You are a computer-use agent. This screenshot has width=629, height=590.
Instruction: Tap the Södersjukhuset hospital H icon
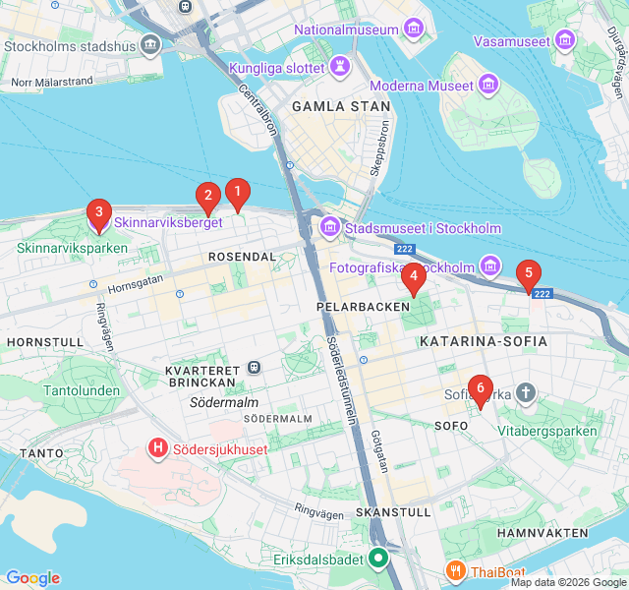pos(156,448)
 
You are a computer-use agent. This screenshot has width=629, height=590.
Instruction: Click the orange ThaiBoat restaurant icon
pos(455,570)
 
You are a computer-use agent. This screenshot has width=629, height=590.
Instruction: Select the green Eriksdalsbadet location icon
pos(378,560)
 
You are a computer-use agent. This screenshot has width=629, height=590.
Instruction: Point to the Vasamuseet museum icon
pos(564,40)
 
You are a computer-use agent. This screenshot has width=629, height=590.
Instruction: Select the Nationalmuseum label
pos(346,29)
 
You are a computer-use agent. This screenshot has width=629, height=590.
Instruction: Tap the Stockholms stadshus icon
pos(150,44)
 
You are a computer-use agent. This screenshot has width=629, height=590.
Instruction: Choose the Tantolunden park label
pos(83,390)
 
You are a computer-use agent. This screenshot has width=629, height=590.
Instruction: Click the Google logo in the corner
pos(32,578)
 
